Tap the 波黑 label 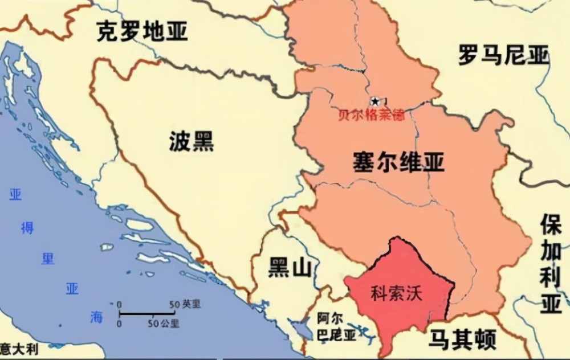(x=192, y=142)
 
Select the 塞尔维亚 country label (x=399, y=163)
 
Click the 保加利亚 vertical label (x=551, y=265)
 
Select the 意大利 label (x=21, y=349)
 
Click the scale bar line (x=148, y=313)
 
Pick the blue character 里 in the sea (x=48, y=258)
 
